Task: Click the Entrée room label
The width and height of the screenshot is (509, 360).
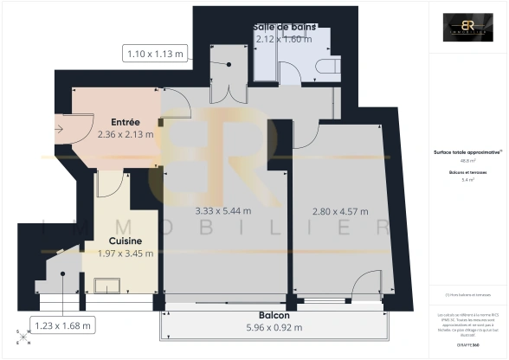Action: click(x=126, y=122)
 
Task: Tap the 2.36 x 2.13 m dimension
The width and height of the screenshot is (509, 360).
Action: click(x=126, y=134)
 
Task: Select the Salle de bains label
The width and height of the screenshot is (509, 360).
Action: click(x=284, y=27)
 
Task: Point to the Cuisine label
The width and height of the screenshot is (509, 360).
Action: click(x=126, y=241)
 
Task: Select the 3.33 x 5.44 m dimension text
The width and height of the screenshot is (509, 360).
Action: click(x=219, y=210)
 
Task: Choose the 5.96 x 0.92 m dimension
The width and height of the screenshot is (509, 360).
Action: click(x=274, y=327)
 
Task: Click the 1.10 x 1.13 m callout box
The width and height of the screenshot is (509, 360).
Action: click(x=156, y=55)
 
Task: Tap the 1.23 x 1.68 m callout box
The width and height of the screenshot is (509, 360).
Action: click(x=62, y=325)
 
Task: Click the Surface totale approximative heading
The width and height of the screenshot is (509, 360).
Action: click(x=468, y=152)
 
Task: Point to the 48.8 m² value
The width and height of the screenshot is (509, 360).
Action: click(x=468, y=161)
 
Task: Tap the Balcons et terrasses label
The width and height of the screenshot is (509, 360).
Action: click(x=468, y=172)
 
